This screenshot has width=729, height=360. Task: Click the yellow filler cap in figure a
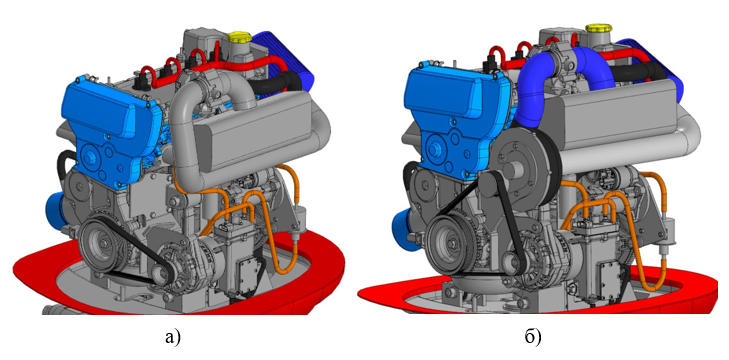pos(240,37)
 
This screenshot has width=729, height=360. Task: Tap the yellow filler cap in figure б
pos(598,28)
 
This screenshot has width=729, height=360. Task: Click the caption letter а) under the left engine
pos(172,336)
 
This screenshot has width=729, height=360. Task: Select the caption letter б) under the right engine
pos(533,336)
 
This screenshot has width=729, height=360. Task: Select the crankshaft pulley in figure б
pos(453,242)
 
